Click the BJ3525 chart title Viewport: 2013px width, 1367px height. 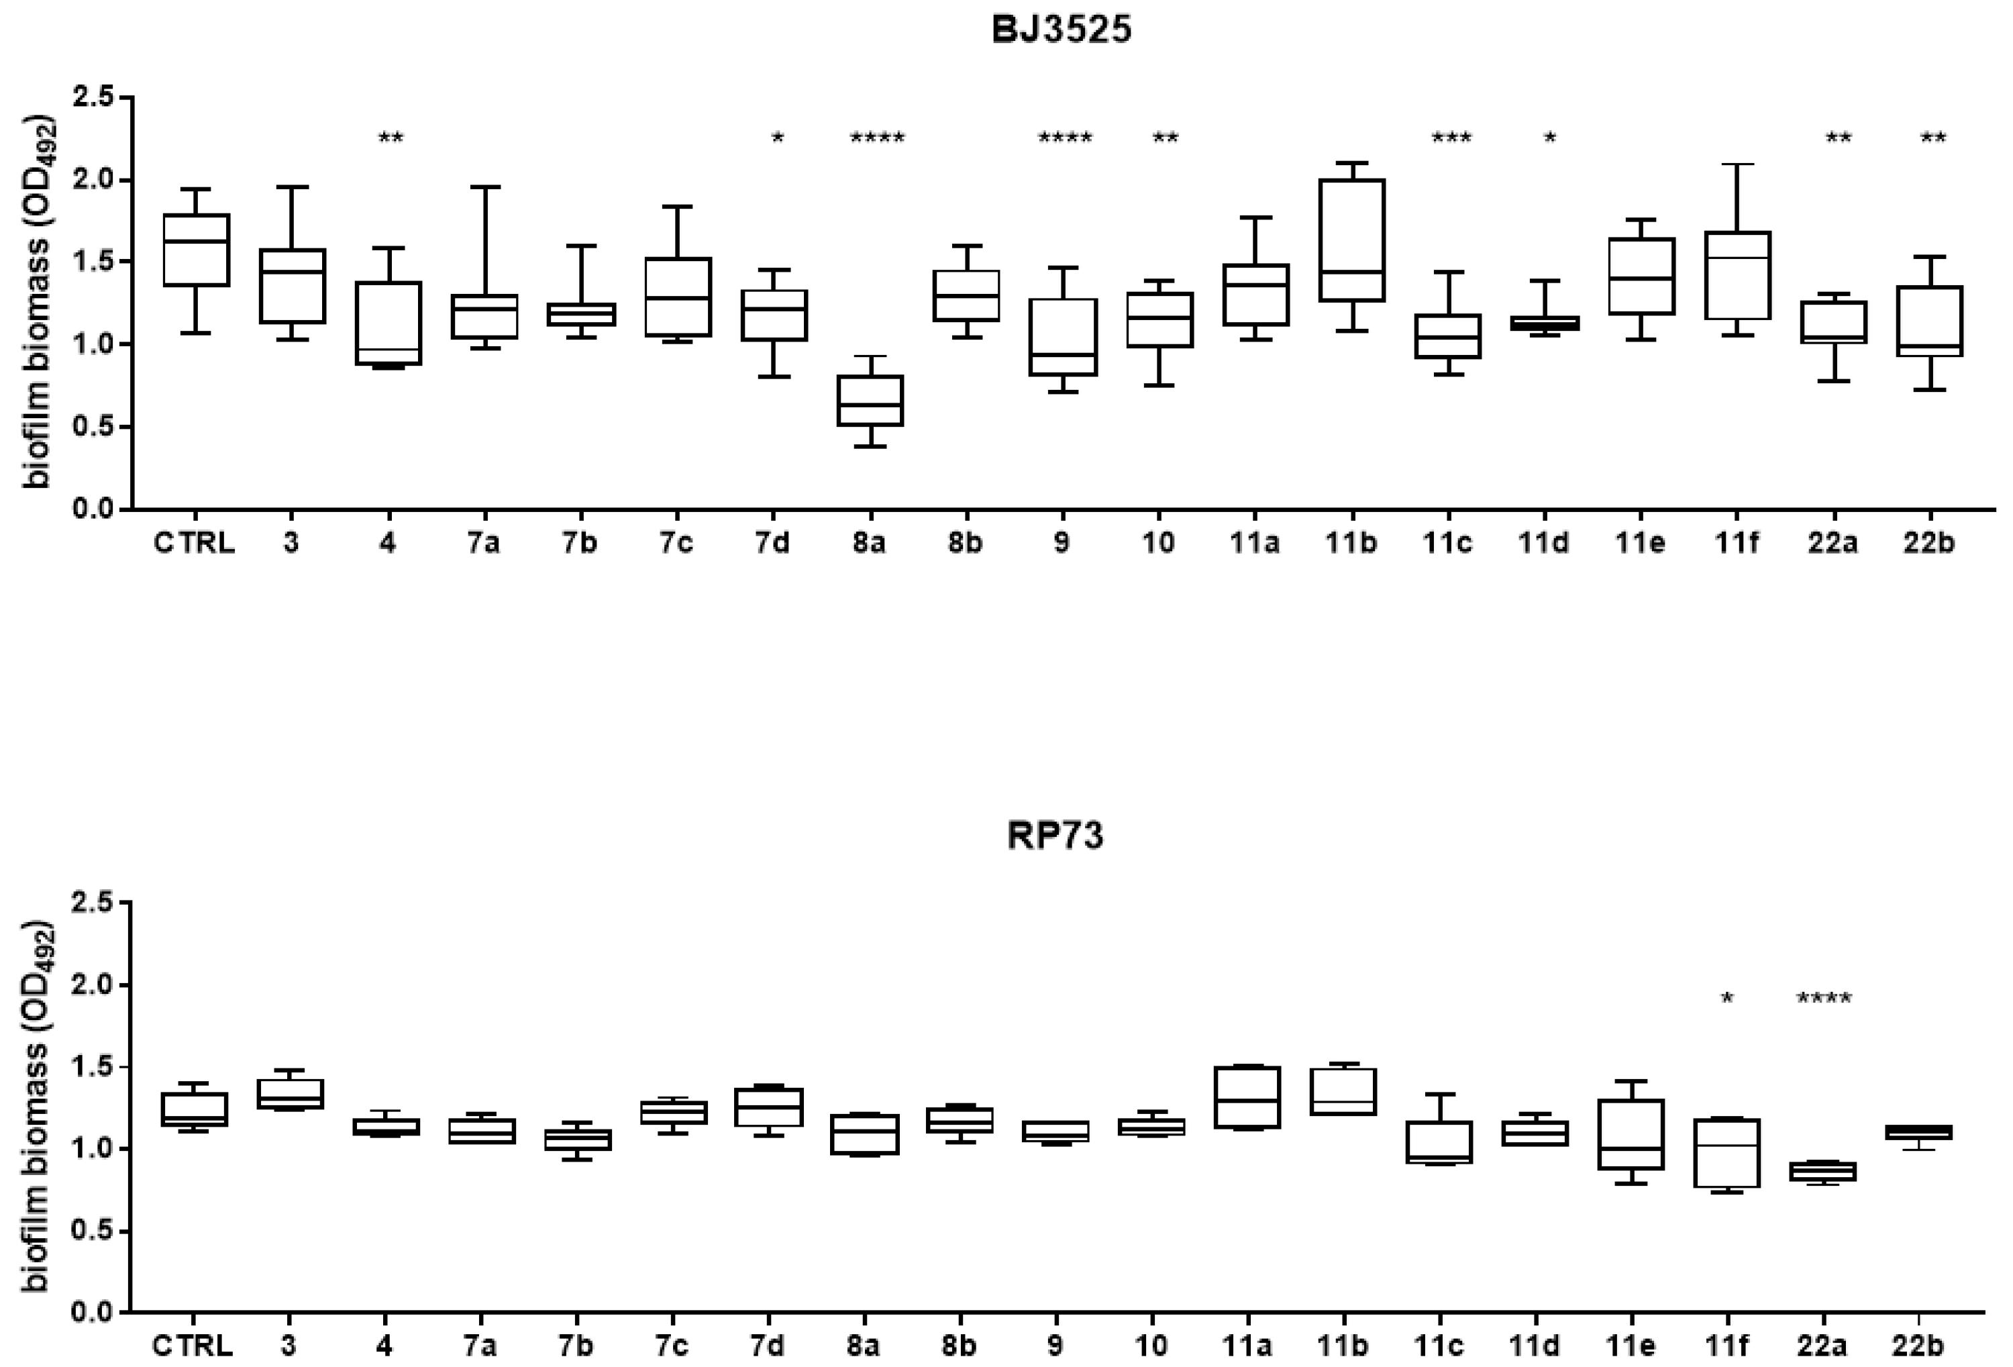tap(1061, 30)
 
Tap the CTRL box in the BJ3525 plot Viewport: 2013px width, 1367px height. tap(197, 250)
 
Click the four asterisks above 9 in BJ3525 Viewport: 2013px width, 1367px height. tap(1064, 138)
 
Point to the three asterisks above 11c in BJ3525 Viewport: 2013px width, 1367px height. tap(1450, 138)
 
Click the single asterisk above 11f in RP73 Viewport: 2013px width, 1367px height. tap(1726, 999)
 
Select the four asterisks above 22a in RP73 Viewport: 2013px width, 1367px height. tap(1823, 999)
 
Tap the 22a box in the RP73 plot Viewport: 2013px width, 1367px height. tap(1822, 1171)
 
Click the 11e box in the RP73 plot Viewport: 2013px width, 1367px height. tap(1631, 1134)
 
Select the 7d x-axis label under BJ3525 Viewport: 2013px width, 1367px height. tap(772, 543)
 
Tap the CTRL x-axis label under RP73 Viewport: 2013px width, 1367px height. tap(193, 1346)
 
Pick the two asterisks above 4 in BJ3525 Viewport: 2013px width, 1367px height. tap(391, 138)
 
